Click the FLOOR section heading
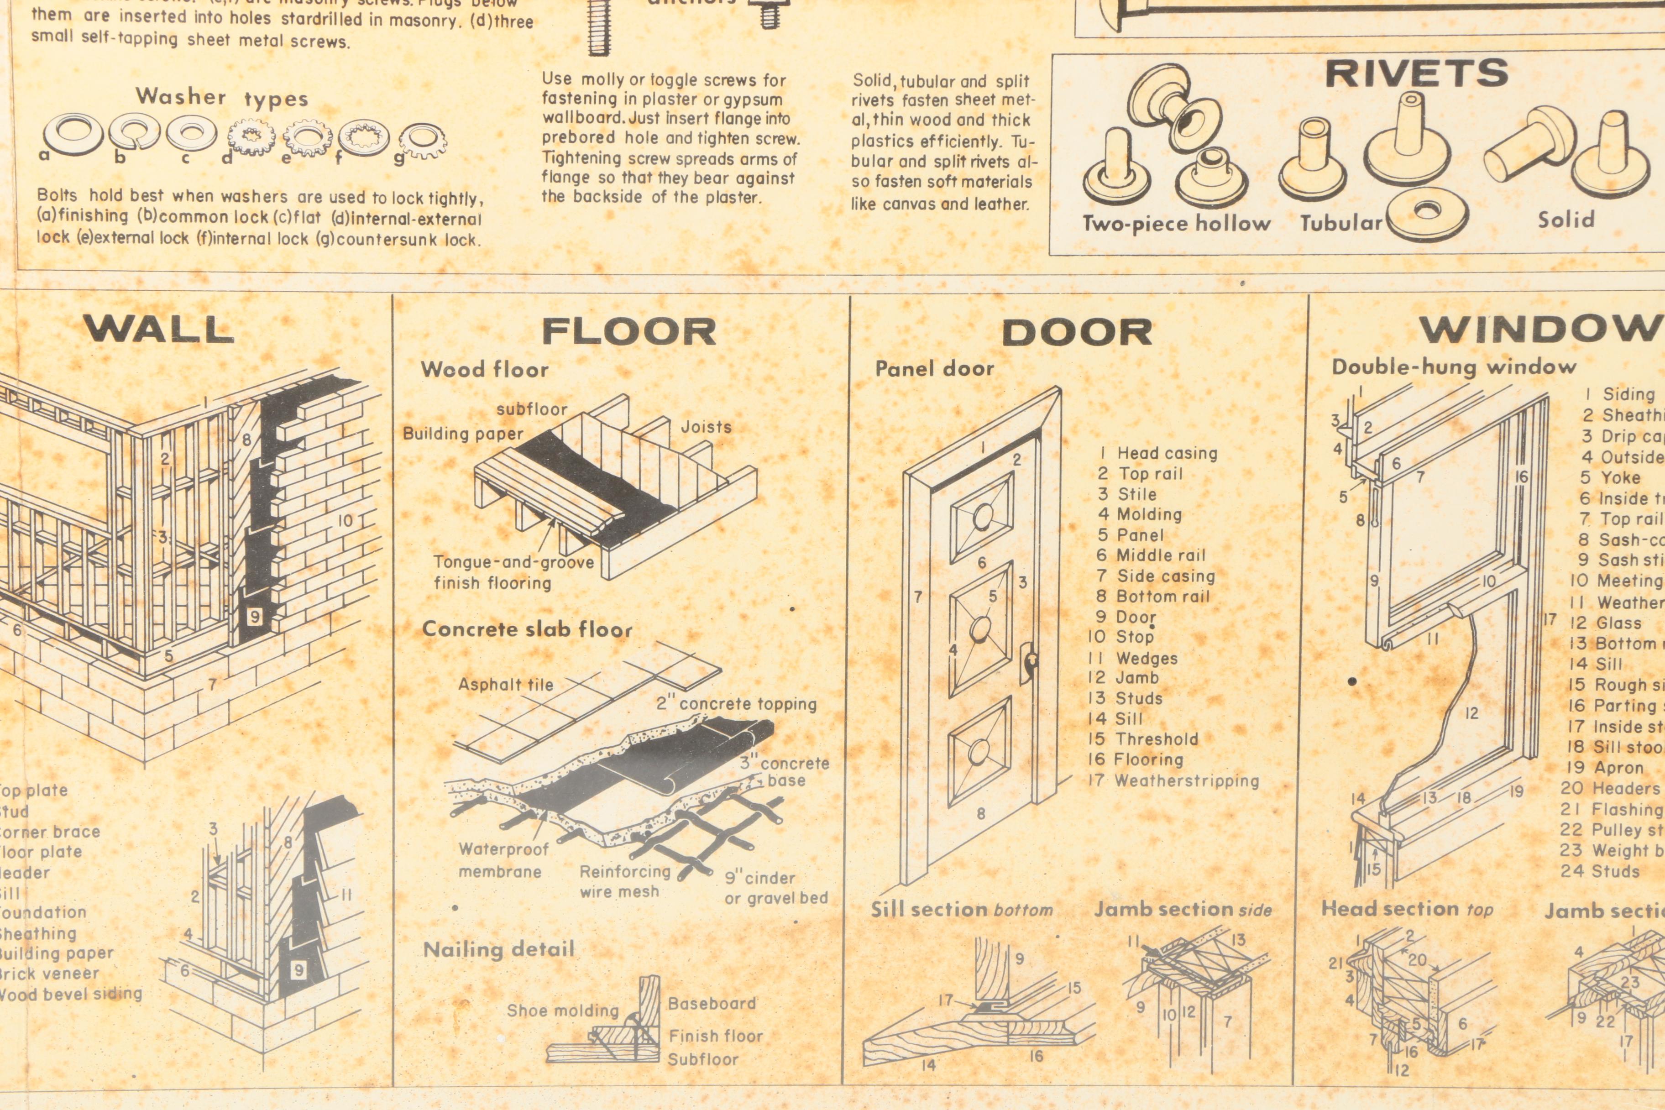628,332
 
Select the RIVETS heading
1417,73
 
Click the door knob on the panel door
1031,660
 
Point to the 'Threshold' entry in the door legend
1156,739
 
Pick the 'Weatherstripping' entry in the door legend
1187,781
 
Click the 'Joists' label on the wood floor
706,427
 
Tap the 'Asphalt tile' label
505,685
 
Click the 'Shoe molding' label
562,1010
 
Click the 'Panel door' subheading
934,368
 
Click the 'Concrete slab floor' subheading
527,628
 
